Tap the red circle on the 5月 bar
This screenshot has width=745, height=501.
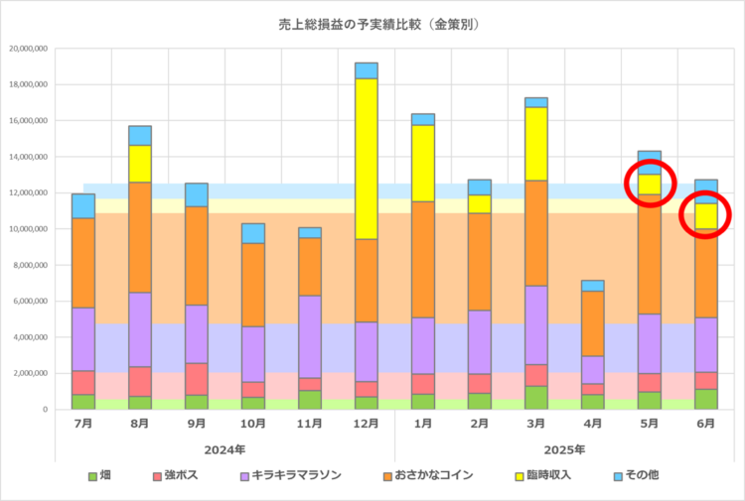(650, 183)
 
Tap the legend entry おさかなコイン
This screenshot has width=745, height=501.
(421, 475)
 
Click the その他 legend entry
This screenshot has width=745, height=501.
(637, 475)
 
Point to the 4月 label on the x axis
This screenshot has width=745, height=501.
(593, 423)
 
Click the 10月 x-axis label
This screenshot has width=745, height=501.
(253, 423)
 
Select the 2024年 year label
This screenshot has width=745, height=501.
(225, 448)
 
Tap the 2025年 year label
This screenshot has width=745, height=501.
(565, 448)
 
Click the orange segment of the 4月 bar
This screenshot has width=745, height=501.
(593, 323)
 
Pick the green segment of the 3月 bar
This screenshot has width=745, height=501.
(536, 398)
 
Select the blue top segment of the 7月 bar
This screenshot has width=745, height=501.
(83, 205)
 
